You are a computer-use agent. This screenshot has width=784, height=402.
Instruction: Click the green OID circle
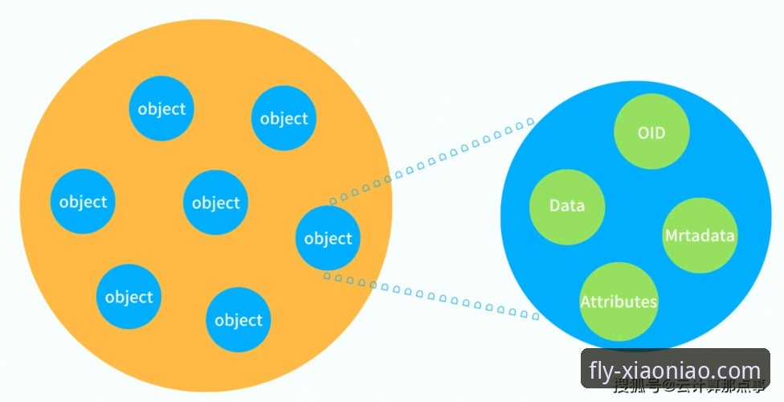[651, 132]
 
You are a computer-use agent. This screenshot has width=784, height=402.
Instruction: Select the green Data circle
[567, 206]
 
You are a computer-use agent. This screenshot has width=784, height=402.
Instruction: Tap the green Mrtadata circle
[700, 236]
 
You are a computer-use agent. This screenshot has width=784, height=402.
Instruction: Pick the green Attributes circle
[619, 301]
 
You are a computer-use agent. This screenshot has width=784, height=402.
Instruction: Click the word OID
[651, 133]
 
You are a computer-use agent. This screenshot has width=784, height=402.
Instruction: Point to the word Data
[567, 206]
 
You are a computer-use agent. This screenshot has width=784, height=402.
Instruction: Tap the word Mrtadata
[700, 236]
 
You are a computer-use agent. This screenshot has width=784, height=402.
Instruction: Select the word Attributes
[619, 302]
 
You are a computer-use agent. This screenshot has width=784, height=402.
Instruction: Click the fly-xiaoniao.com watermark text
[674, 371]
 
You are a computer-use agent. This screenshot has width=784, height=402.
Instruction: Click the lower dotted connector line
[434, 297]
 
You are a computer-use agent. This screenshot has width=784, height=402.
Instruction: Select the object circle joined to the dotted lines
[328, 238]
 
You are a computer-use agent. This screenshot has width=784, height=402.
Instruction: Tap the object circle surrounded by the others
[215, 203]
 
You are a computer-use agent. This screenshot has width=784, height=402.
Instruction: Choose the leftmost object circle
[83, 201]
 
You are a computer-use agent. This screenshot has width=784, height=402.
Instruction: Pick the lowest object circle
[239, 320]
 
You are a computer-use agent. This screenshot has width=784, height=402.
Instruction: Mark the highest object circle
[161, 109]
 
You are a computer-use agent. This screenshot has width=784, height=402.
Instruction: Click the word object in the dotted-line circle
[328, 239]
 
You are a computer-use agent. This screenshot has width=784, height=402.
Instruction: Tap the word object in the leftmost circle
[83, 202]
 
